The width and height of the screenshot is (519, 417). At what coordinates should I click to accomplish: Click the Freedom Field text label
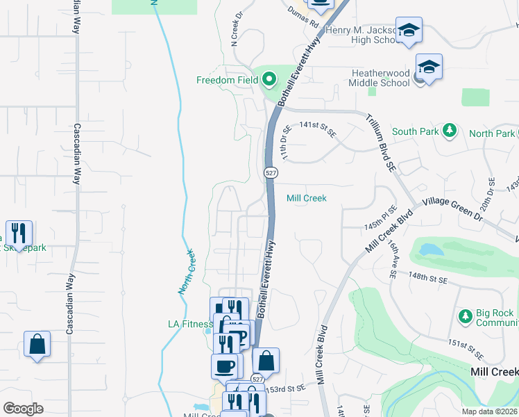[226, 79]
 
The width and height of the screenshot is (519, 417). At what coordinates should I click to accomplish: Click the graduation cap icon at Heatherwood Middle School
[429, 67]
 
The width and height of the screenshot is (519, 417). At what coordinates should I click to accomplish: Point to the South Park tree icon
[450, 130]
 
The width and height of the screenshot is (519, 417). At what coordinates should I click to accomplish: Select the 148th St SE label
[429, 277]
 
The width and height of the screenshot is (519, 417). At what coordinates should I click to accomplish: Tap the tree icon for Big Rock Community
[466, 317]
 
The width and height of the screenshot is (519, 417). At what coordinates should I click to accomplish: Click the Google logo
[23, 408]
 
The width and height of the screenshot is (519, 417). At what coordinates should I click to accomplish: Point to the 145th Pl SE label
[381, 219]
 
